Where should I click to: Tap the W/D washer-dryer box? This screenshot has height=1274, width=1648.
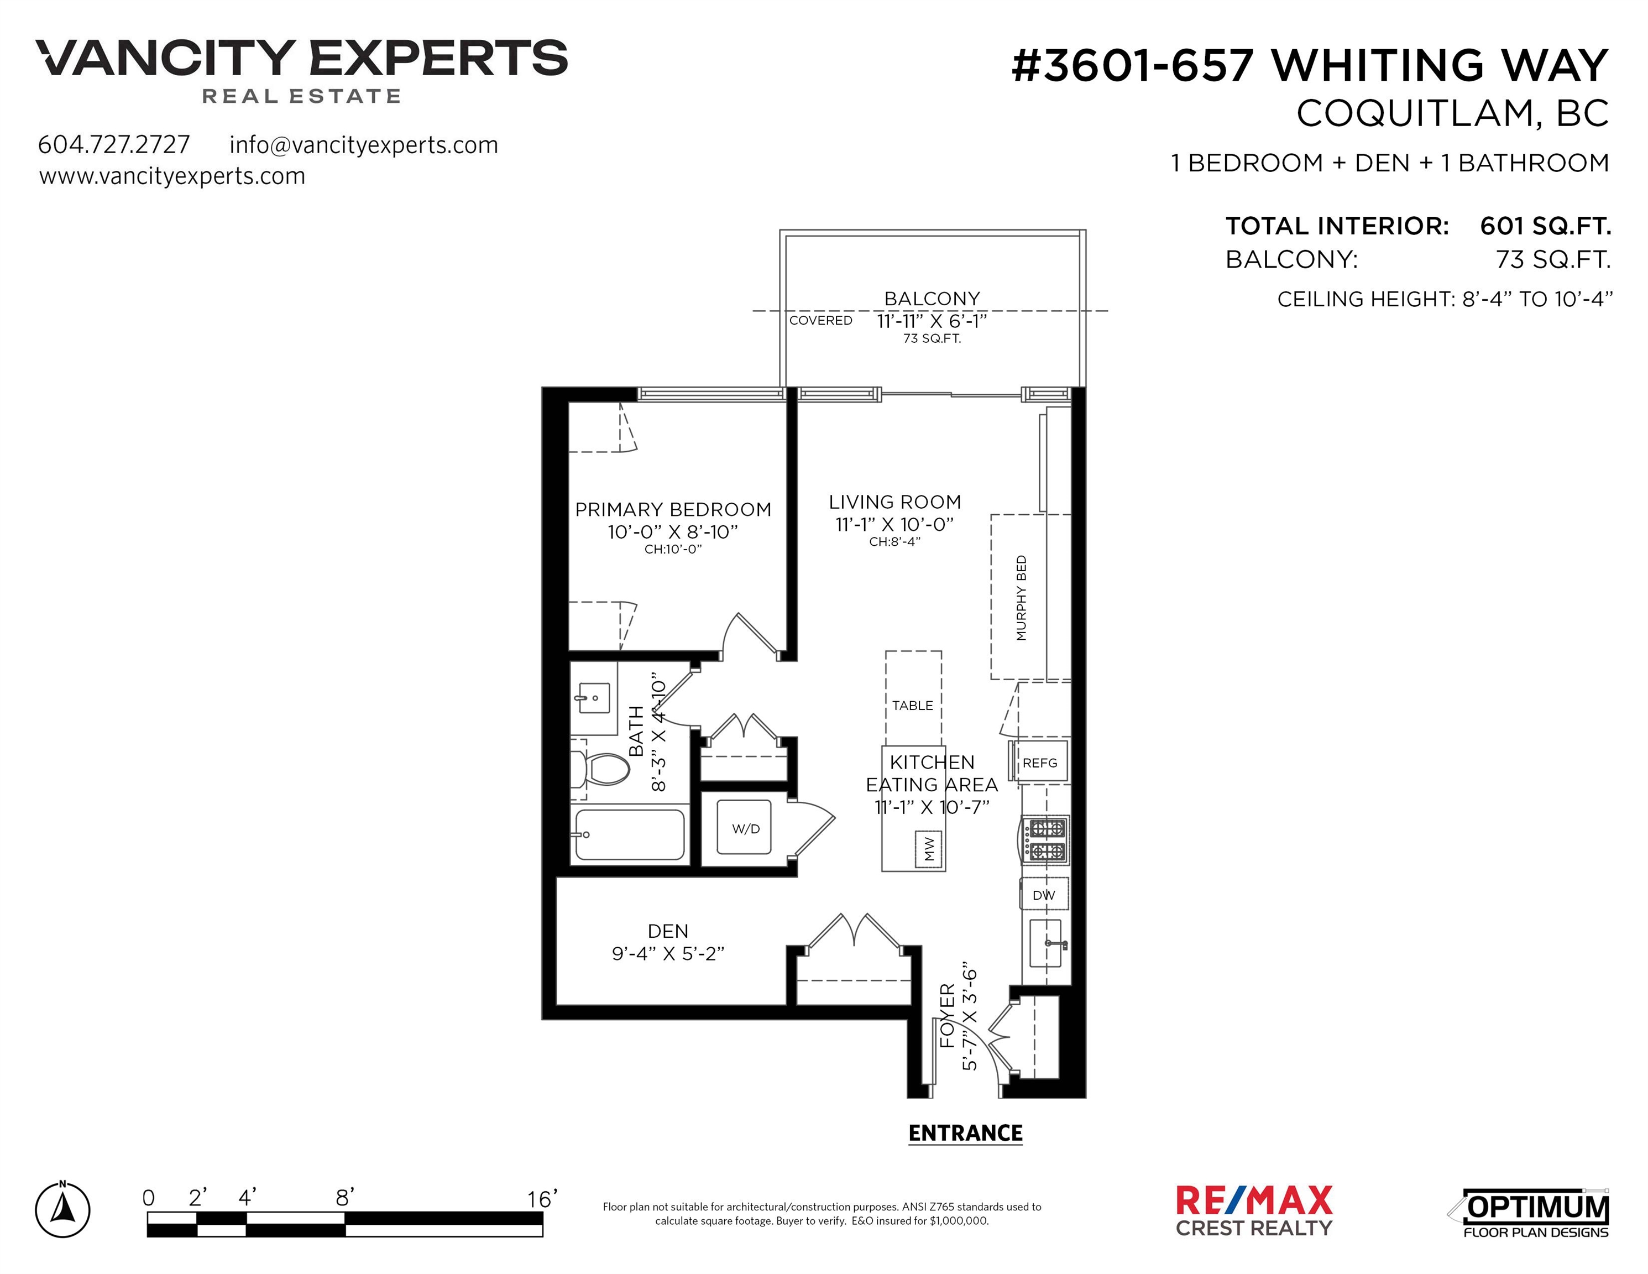pyautogui.click(x=744, y=827)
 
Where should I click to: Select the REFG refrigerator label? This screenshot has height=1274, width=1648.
pyautogui.click(x=1040, y=763)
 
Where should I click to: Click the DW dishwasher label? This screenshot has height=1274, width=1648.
pyautogui.click(x=1044, y=895)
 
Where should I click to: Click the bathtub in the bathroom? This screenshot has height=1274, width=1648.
pyautogui.click(x=630, y=835)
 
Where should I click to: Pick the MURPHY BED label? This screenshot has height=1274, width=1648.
pyautogui.click(x=1021, y=598)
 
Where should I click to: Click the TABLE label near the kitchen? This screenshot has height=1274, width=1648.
pyautogui.click(x=912, y=706)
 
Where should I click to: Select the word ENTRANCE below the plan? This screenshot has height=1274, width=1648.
pyautogui.click(x=965, y=1133)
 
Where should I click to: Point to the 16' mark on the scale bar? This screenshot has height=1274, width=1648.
pyautogui.click(x=542, y=1199)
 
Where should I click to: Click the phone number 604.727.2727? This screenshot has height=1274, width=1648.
pyautogui.click(x=114, y=144)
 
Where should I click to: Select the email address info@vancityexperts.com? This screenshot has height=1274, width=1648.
pyautogui.click(x=364, y=145)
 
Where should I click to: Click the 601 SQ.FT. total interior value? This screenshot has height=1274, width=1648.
pyautogui.click(x=1545, y=226)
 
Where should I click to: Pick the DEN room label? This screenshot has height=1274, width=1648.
pyautogui.click(x=668, y=931)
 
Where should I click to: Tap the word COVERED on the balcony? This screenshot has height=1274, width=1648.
pyautogui.click(x=820, y=320)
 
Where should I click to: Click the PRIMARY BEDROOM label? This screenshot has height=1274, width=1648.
pyautogui.click(x=673, y=509)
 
